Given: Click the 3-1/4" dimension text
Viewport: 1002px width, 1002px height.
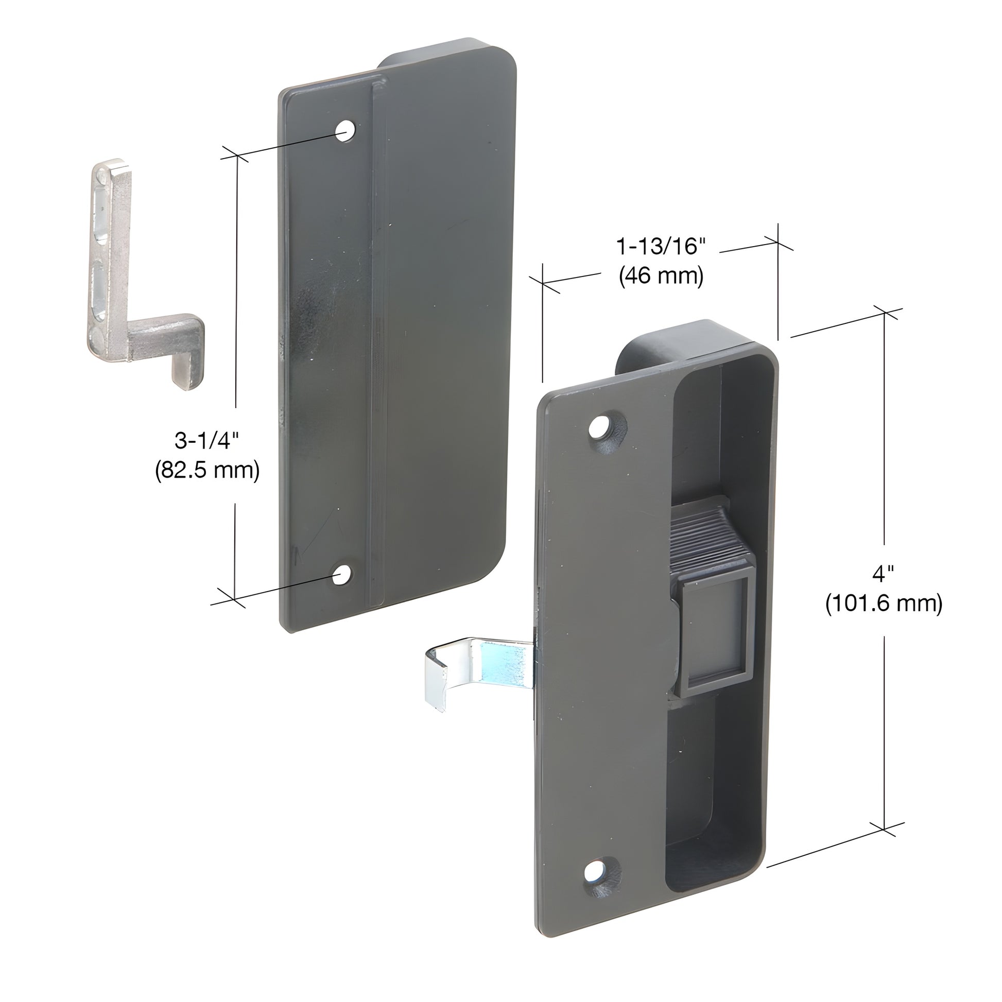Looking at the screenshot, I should pyautogui.click(x=206, y=441).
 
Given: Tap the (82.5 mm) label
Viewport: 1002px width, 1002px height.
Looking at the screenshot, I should pyautogui.click(x=207, y=471).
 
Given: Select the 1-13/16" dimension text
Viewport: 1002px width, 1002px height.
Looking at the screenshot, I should pyautogui.click(x=661, y=246).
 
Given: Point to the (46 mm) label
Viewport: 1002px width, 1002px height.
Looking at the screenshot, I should pyautogui.click(x=661, y=276).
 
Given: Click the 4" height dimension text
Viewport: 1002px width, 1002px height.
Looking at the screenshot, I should pyautogui.click(x=883, y=574).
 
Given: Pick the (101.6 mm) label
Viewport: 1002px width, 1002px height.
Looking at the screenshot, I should pyautogui.click(x=883, y=603).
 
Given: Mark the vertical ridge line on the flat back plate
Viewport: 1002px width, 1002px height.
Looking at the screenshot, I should pyautogui.click(x=374, y=337).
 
